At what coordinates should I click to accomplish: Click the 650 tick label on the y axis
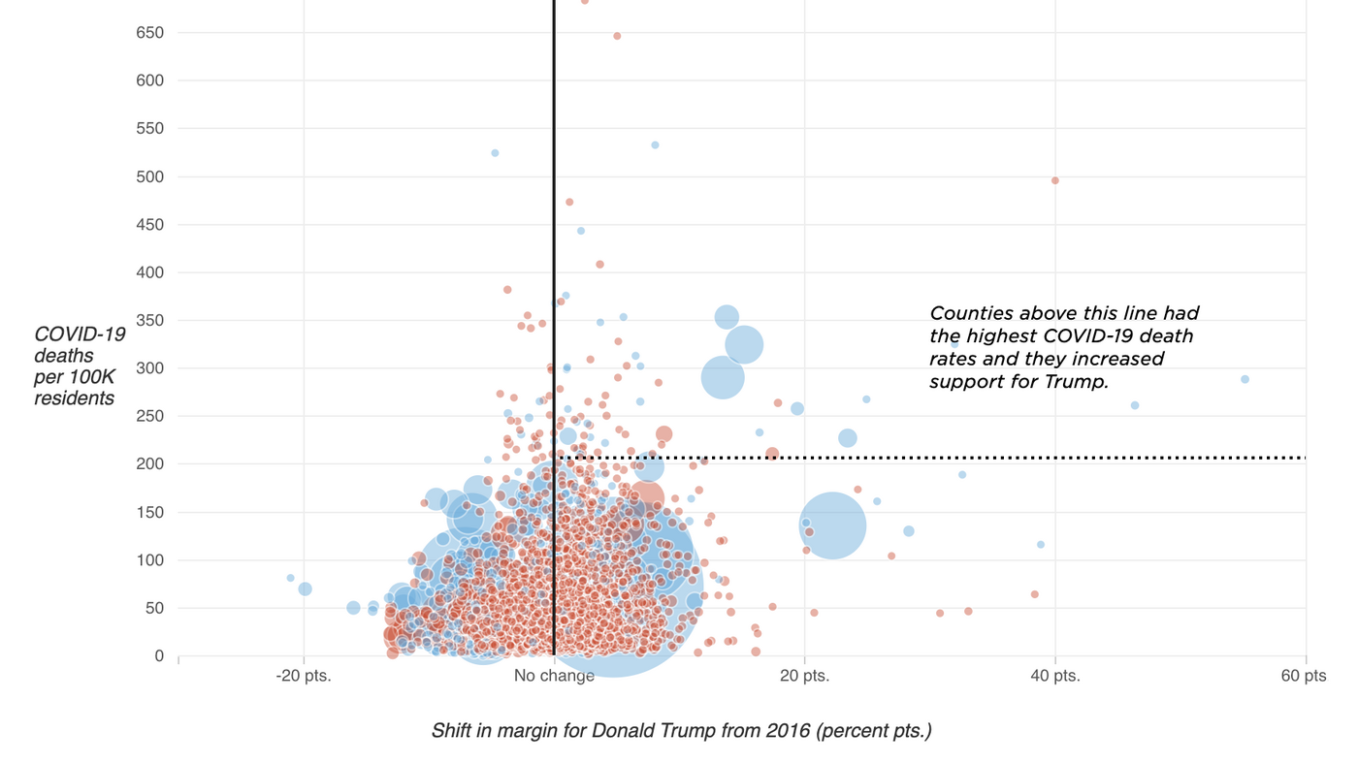tap(149, 33)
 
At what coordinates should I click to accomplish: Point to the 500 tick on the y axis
tap(149, 176)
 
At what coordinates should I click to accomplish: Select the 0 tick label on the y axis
tap(158, 656)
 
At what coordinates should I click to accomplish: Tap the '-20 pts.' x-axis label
tap(304, 676)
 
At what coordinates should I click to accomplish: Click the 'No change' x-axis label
tap(554, 676)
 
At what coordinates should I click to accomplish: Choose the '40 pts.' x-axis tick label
tap(1054, 676)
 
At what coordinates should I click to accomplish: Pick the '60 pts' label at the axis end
tap(1303, 676)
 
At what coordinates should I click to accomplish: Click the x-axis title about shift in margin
tap(681, 731)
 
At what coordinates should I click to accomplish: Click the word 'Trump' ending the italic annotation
tap(1079, 382)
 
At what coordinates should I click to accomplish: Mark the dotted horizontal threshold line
tap(970, 458)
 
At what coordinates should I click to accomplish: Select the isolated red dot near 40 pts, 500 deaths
tap(1055, 180)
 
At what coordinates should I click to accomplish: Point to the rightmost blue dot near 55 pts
tap(1245, 379)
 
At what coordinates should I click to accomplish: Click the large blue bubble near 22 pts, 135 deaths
tap(832, 525)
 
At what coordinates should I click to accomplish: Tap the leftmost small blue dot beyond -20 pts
tap(290, 578)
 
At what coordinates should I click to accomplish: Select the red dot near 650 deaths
tap(617, 36)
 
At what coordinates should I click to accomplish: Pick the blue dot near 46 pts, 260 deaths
tap(1135, 405)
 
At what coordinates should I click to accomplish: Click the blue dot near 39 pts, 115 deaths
tap(1041, 545)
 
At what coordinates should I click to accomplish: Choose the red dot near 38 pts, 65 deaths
tap(1034, 594)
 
